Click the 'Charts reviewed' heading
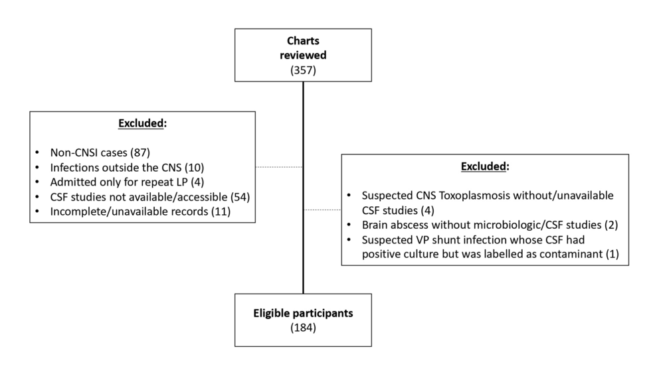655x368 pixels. coord(302,48)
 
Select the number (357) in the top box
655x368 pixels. coord(302,69)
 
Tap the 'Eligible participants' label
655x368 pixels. coord(302,312)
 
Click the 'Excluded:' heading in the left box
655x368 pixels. coord(142,123)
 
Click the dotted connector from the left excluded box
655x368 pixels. coord(279,167)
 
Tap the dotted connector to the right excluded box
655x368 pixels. coord(322,210)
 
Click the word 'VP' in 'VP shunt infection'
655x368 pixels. coord(417,239)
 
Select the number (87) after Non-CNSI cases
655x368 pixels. coord(151,152)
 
